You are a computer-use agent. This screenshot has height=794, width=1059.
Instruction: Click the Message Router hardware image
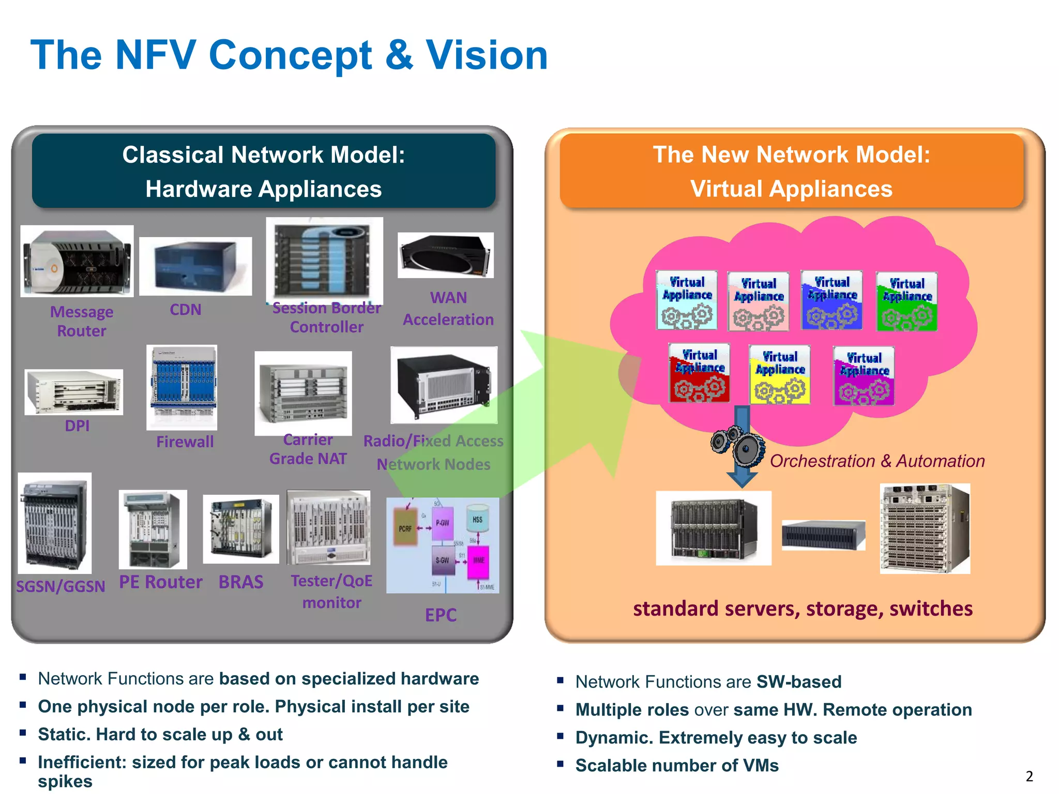[77, 261]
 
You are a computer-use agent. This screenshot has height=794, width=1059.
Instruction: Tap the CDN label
[185, 310]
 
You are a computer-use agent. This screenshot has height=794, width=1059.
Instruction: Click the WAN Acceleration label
[448, 309]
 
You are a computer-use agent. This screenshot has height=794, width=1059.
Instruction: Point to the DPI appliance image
[73, 392]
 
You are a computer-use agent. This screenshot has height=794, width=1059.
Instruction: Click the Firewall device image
[182, 387]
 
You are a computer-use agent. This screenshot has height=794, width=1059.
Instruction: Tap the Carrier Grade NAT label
[308, 449]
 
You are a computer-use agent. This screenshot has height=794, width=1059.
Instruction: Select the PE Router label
[160, 582]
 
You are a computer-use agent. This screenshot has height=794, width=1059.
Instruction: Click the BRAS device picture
[241, 529]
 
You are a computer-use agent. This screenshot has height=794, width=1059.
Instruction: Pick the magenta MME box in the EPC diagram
[478, 561]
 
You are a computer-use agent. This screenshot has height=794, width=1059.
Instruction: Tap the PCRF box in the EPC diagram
[405, 528]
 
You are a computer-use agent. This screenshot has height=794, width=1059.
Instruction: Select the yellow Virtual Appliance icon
[779, 375]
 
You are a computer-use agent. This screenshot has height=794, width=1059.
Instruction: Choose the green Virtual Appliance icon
[906, 301]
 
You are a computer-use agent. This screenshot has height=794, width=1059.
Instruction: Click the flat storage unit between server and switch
[823, 535]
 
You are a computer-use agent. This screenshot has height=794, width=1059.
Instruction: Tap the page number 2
[1029, 776]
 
